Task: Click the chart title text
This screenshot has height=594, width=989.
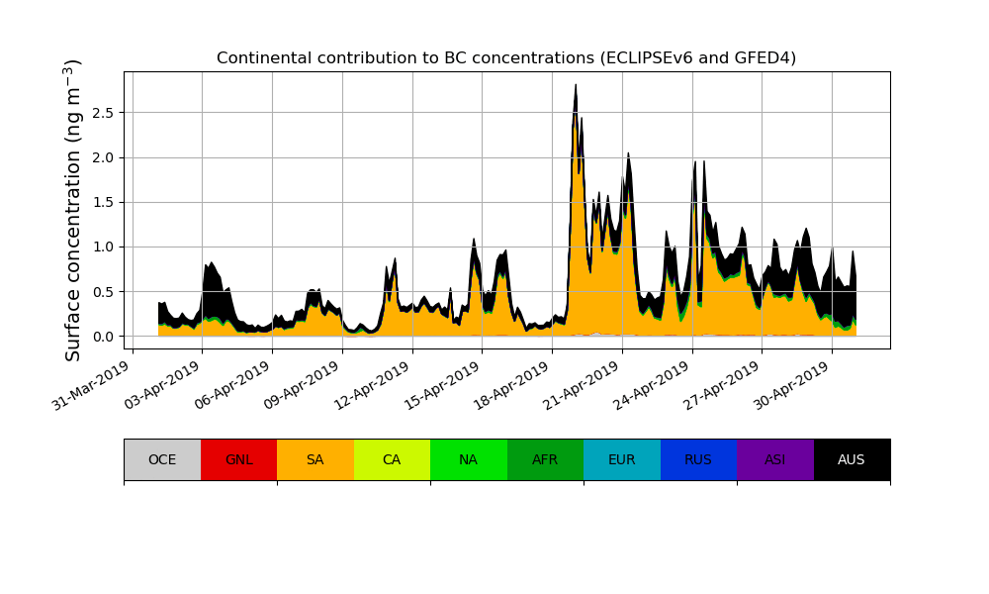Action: point(506,57)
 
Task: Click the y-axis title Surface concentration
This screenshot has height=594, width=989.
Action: point(73,210)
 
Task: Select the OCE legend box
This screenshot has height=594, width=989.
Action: point(162,459)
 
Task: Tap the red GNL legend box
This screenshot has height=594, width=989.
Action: point(238,459)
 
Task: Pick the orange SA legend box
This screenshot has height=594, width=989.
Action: point(315,459)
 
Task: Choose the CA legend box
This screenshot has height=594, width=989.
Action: point(392,459)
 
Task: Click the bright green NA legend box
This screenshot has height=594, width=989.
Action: point(468,459)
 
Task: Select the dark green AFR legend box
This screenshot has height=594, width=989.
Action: point(545,459)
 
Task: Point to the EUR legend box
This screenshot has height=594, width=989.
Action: point(621,459)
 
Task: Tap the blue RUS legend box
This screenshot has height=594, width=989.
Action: point(698,459)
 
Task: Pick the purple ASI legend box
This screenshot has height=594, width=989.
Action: point(774,459)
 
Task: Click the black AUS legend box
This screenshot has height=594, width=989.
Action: point(852,459)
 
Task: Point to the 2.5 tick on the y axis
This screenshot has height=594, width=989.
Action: point(104,113)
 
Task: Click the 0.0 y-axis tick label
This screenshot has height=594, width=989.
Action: point(104,337)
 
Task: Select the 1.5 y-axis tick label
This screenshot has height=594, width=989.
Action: point(104,202)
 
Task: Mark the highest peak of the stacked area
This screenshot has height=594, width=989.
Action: point(576,85)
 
